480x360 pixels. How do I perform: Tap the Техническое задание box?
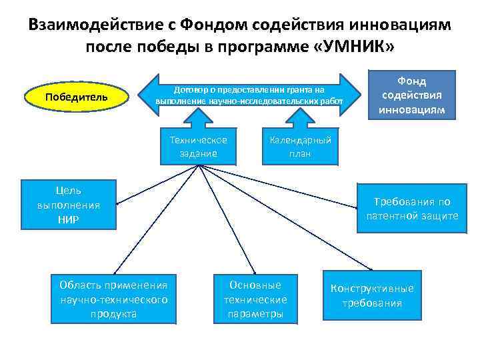click(x=198, y=147)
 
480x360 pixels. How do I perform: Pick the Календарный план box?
click(x=299, y=147)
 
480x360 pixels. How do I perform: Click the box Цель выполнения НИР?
click(x=69, y=205)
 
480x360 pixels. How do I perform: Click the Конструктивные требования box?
click(x=372, y=295)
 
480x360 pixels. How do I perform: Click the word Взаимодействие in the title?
click(x=95, y=25)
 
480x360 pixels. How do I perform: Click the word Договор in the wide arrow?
click(x=188, y=89)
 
